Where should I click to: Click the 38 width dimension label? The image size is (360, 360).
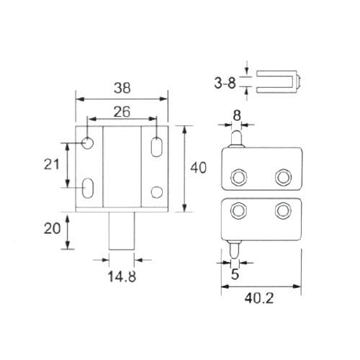[x=122, y=88]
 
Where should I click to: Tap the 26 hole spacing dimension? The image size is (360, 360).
[x=122, y=112]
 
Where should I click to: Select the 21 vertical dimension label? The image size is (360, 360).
[x=51, y=164]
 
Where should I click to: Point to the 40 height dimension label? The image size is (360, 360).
[x=198, y=168]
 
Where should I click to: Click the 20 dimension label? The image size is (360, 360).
[x=52, y=228]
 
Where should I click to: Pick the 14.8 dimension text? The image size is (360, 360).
[x=122, y=276]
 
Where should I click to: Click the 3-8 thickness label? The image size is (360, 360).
[x=225, y=83]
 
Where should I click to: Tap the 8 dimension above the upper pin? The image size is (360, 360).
[x=237, y=115]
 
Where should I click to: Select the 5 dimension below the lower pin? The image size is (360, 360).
[x=235, y=274]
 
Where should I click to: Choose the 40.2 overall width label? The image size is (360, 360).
[x=259, y=298]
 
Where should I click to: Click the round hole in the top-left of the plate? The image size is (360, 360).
[x=88, y=143]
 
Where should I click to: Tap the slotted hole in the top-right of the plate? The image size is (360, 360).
[x=157, y=147]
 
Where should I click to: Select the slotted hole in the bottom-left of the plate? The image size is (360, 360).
[x=88, y=188]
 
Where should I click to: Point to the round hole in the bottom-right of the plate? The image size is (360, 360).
[x=157, y=192]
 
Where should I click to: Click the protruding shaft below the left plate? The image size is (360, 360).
[x=122, y=231]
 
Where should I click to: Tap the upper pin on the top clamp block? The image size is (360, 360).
[x=236, y=139]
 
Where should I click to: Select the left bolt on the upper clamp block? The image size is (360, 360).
[x=238, y=177]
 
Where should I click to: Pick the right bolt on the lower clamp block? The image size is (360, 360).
[x=283, y=210]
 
